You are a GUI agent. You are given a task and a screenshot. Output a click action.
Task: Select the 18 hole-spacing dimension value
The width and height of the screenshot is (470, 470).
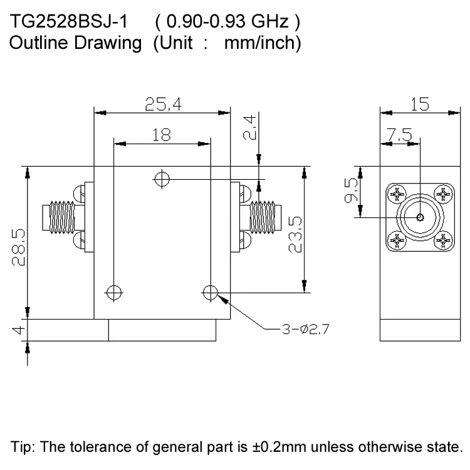coord(162,134)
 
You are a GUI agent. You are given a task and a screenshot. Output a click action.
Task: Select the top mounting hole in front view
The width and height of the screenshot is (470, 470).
coord(162,180)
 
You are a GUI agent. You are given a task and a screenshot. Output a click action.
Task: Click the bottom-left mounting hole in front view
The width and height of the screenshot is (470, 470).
coord(113,291)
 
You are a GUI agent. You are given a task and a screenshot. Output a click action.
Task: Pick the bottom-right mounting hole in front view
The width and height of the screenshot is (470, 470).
coord(211,291)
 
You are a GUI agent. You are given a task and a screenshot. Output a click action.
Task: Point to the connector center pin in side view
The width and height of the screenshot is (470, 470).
coord(420,218)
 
